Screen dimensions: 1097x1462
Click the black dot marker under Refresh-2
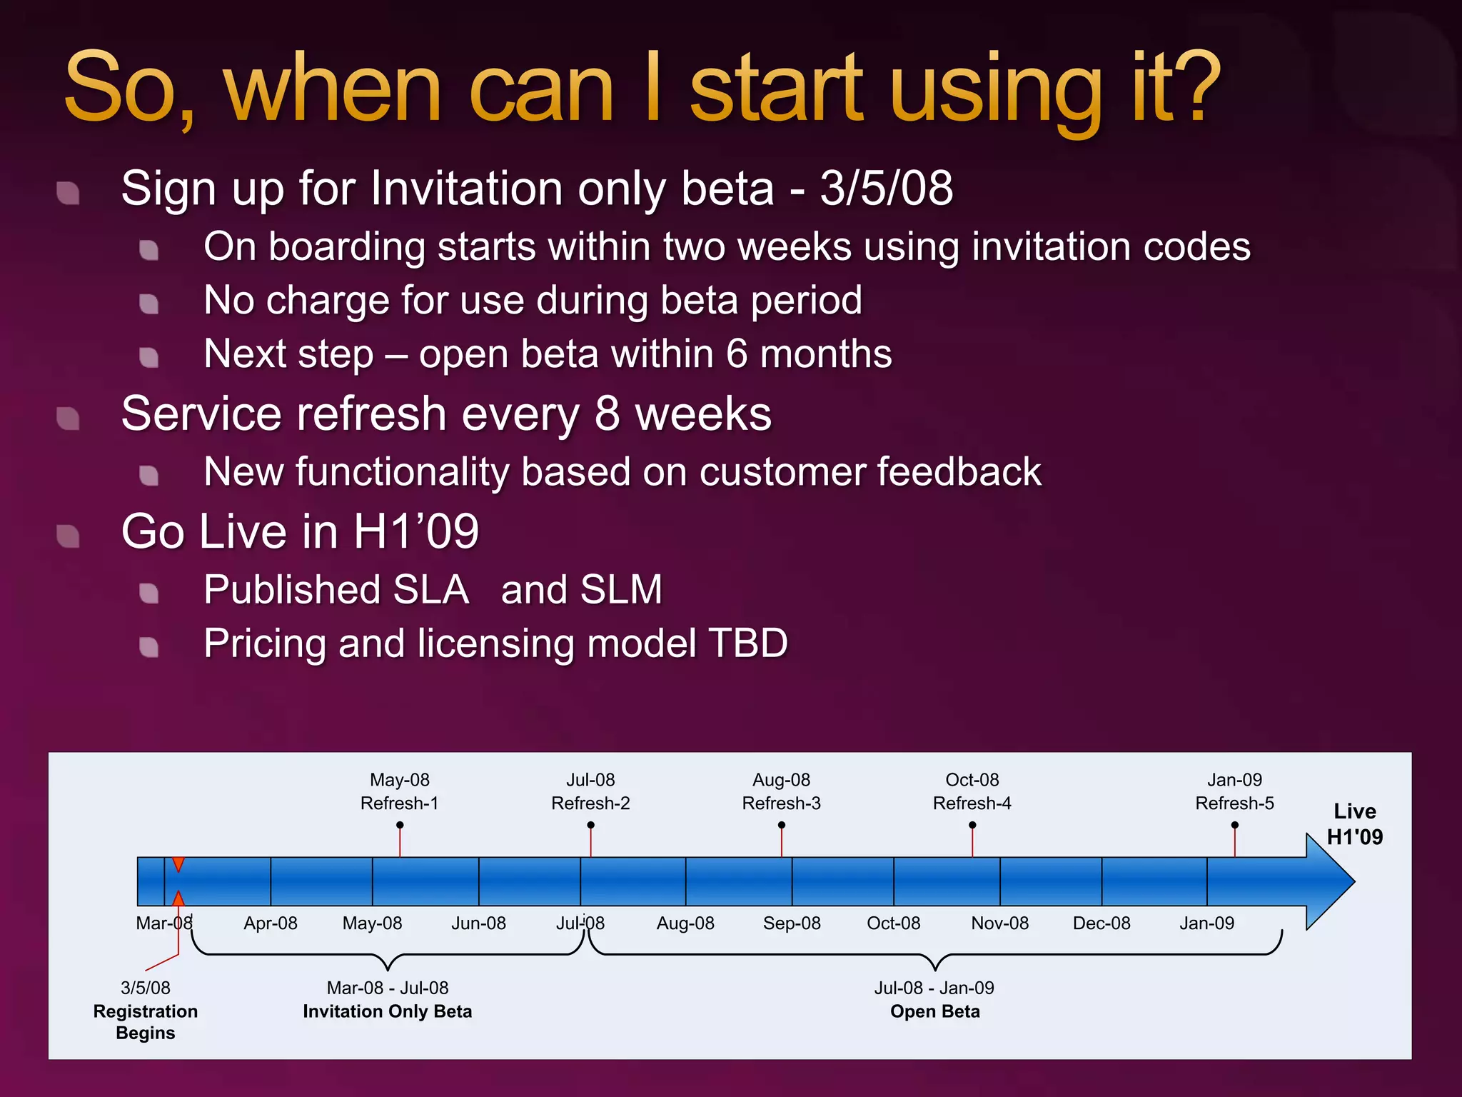pyautogui.click(x=590, y=825)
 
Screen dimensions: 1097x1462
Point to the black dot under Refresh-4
pyautogui.click(x=972, y=825)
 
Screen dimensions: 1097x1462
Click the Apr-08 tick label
pyautogui.click(x=271, y=923)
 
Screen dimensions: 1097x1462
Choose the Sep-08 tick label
pyautogui.click(x=792, y=923)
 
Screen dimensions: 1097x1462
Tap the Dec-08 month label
pyautogui.click(x=1101, y=923)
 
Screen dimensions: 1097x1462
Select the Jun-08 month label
pyautogui.click(x=478, y=923)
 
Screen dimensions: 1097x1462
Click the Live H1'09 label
pyautogui.click(x=1354, y=823)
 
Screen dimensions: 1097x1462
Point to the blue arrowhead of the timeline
pyautogui.click(x=1329, y=881)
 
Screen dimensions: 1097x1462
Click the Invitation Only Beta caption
pyautogui.click(x=387, y=1011)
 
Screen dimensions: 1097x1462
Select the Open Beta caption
pyautogui.click(x=934, y=1011)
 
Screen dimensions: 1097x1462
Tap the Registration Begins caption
pyautogui.click(x=146, y=1021)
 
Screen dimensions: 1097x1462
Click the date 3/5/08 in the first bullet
pyautogui.click(x=886, y=189)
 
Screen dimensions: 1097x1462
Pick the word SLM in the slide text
pyautogui.click(x=621, y=590)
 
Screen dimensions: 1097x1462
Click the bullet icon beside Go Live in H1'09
pyautogui.click(x=69, y=536)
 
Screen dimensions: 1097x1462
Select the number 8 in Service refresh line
pyautogui.click(x=607, y=414)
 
